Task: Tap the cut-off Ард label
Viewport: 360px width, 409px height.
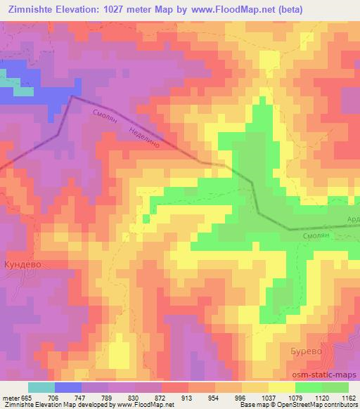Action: point(353,219)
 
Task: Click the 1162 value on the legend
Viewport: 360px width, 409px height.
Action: point(349,397)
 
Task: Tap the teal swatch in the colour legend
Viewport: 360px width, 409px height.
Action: point(41,387)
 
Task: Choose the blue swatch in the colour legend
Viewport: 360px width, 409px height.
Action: point(68,387)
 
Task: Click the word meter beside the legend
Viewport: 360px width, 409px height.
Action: point(10,397)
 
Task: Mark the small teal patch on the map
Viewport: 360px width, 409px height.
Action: point(22,91)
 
